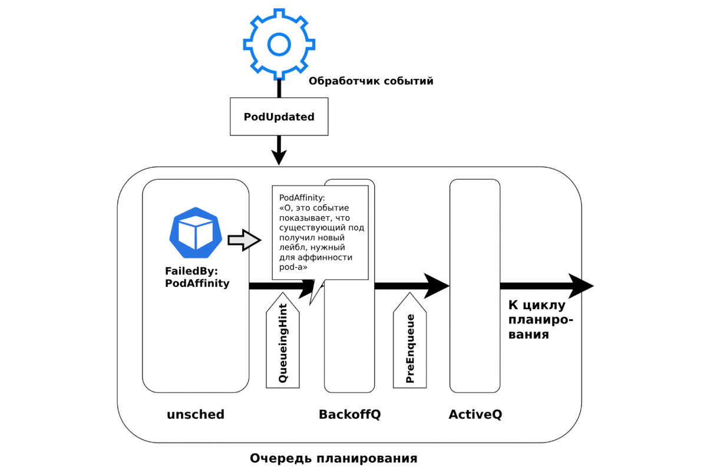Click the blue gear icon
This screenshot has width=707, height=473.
pos(279,43)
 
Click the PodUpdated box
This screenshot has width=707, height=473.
pos(279,117)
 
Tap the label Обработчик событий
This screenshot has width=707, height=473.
pos(371,81)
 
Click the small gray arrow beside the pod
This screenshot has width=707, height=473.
pos(244,240)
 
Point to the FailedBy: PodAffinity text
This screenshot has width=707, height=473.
pos(197,278)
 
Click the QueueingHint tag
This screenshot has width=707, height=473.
pos(283,344)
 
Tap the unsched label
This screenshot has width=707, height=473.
pos(196,414)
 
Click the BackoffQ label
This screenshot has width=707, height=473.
pos(350,414)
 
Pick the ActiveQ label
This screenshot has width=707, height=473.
pos(475,414)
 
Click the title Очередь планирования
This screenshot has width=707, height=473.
pos(333,458)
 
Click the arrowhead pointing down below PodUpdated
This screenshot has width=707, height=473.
pos(279,157)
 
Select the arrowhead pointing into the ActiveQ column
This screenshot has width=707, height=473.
pos(437,286)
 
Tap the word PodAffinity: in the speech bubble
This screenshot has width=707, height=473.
pos(302,198)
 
